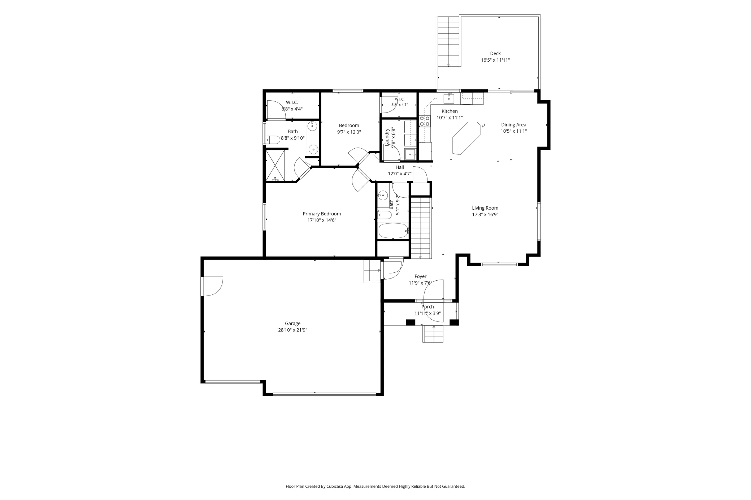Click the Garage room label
click(x=292, y=324)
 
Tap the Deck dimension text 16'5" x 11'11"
click(x=495, y=60)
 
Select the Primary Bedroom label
click(x=322, y=214)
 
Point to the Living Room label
click(x=485, y=208)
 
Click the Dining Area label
click(x=513, y=125)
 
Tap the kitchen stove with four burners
click(x=425, y=121)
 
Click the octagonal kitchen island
click(x=466, y=138)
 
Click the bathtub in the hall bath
click(x=393, y=231)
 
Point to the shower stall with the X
click(x=275, y=165)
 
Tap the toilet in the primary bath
click(x=273, y=139)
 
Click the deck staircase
click(x=448, y=41)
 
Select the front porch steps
click(x=433, y=334)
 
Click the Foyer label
click(x=420, y=277)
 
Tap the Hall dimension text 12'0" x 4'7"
click(x=400, y=174)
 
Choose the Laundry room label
click(x=387, y=137)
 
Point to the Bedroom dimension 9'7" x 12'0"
click(x=349, y=132)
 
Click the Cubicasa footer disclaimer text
click(x=375, y=486)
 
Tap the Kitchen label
click(x=450, y=111)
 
